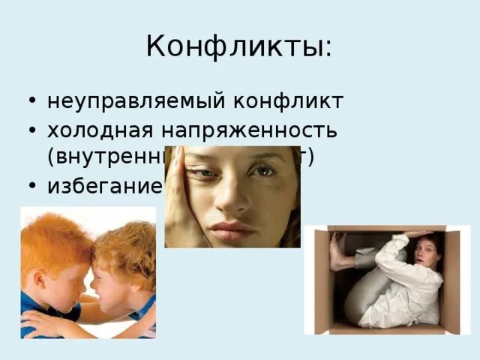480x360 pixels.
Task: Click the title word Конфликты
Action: click(x=238, y=47)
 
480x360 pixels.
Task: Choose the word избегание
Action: click(x=104, y=185)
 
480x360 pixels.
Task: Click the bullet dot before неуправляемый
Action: click(x=31, y=101)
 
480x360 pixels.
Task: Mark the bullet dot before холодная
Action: click(x=31, y=130)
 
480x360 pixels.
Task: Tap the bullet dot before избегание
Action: click(x=31, y=185)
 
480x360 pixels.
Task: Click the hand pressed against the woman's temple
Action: click(x=178, y=195)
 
